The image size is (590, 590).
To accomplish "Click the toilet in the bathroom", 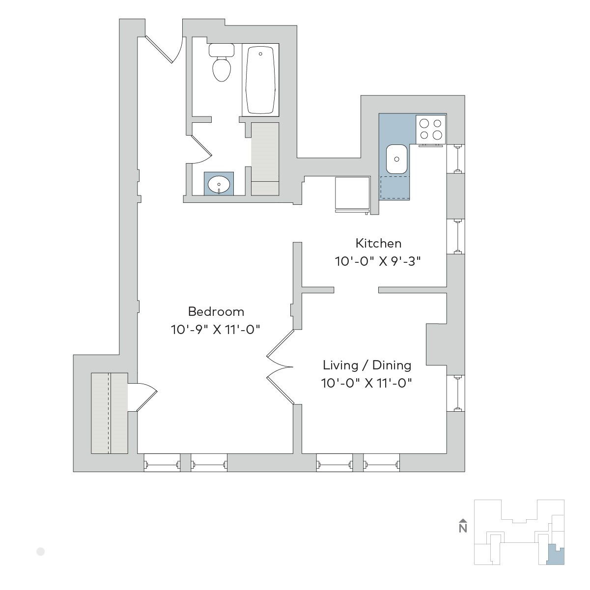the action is pos(222,62).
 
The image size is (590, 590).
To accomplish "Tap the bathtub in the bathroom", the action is pos(260,80).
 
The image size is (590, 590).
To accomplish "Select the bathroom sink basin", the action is pos(219,185).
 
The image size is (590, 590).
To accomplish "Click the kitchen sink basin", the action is pos(396,159).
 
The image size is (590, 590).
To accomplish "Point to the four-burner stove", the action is pos(431,130).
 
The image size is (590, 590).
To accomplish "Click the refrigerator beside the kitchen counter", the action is pos(353,195).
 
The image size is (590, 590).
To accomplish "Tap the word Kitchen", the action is pos(378,243).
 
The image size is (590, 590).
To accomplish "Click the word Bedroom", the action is pos(216,311).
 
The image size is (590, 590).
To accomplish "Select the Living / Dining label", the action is pos(367,365).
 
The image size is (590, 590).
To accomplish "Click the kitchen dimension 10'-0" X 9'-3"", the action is pos(378,261).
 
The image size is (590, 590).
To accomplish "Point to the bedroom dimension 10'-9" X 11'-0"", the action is pos(216,330).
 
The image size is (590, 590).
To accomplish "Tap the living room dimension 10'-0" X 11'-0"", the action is pos(367,383).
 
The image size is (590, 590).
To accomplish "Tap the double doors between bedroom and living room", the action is pos(280,367).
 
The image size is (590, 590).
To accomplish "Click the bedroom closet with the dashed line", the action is pos(109,413).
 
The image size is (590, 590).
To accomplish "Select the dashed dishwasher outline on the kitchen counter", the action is pos(394,187).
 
